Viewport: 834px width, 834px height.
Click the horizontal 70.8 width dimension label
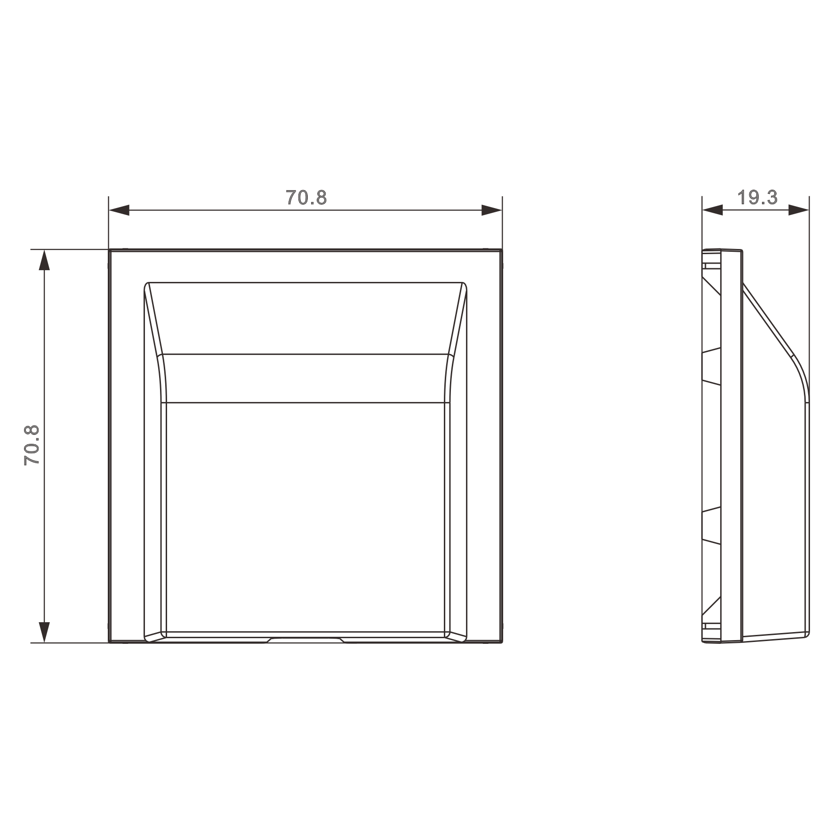pyautogui.click(x=306, y=198)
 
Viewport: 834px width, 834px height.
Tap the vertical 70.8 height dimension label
pyautogui.click(x=32, y=445)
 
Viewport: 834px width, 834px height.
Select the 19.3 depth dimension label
pyautogui.click(x=757, y=198)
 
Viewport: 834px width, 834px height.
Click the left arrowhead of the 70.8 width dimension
pyautogui.click(x=119, y=210)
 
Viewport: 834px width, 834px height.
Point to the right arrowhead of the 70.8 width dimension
pyautogui.click(x=492, y=210)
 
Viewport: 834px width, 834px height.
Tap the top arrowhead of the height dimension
pyautogui.click(x=44, y=260)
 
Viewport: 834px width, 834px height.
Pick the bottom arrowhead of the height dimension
pyautogui.click(x=44, y=632)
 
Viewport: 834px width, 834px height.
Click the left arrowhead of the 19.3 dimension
pyautogui.click(x=713, y=210)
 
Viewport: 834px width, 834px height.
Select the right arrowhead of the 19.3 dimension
pyautogui.click(x=799, y=210)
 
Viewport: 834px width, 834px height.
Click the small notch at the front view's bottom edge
pyautogui.click(x=306, y=640)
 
